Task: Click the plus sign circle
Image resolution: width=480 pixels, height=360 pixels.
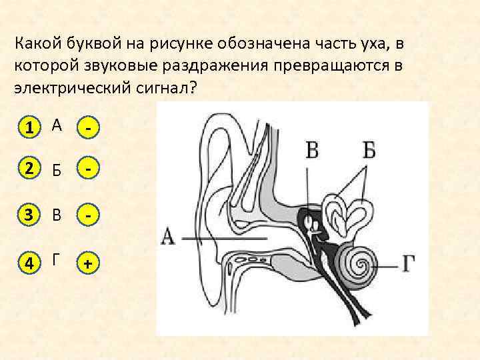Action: [88, 265]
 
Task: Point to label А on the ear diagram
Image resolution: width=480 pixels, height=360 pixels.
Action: [168, 237]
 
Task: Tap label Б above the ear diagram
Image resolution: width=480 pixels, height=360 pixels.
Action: [369, 149]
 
